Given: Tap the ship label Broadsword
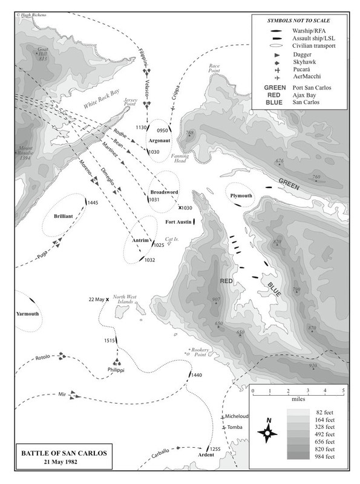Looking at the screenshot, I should (163, 192).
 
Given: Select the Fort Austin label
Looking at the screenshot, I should (178, 223).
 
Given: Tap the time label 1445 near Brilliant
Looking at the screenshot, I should (93, 203).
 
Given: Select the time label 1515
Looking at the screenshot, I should (109, 341).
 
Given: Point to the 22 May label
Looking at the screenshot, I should (96, 299).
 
